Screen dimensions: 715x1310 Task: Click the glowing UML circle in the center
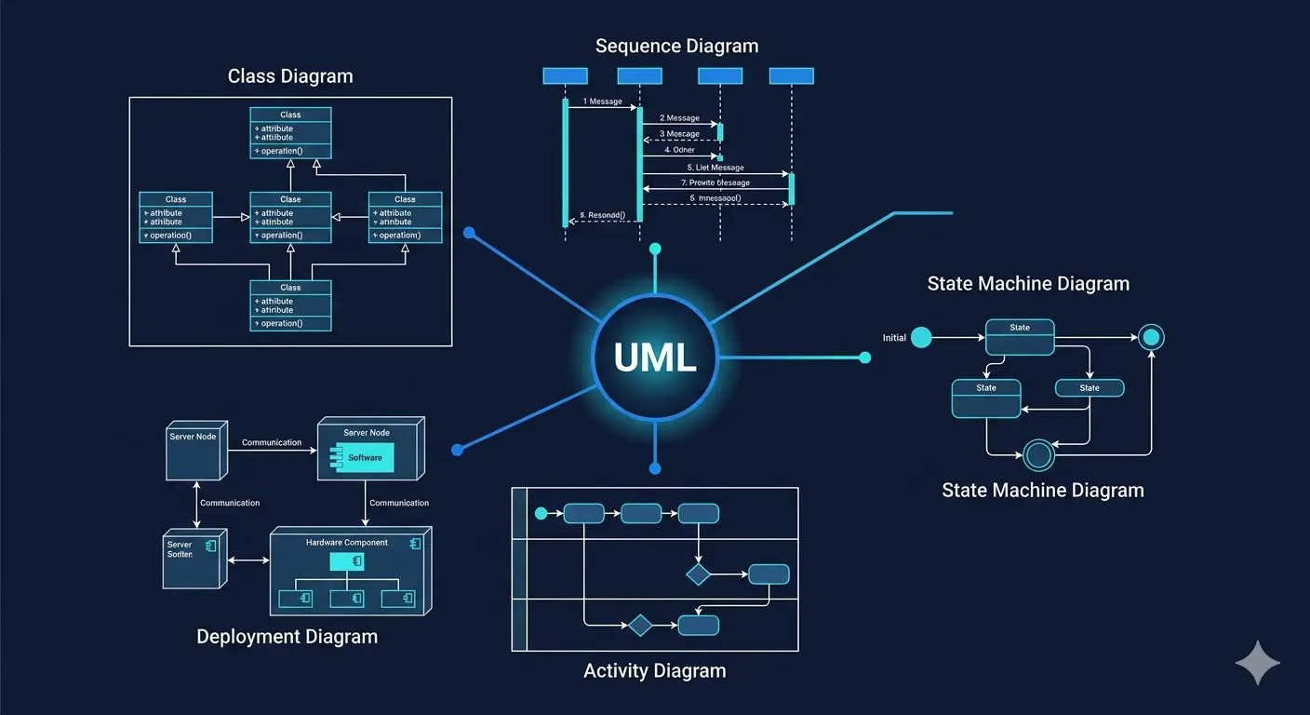655,357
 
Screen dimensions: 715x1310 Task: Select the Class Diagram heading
290,76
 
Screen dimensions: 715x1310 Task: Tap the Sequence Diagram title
676,46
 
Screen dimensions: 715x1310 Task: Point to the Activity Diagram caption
654,670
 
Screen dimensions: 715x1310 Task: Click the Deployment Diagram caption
287,637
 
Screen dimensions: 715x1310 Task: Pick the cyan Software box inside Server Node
365,457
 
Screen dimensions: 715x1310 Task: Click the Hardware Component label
346,543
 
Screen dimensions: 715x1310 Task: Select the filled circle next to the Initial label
921,337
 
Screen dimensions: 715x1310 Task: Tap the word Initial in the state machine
894,338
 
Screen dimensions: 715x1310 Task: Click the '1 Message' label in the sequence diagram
602,101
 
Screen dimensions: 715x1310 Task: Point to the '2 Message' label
679,118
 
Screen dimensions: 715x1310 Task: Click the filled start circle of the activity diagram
541,513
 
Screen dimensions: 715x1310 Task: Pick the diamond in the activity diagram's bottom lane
640,625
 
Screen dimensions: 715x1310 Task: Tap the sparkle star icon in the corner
1257,662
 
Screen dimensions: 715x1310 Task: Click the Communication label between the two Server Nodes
272,443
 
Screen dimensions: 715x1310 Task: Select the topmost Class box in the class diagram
290,132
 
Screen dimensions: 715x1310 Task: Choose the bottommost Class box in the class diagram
290,305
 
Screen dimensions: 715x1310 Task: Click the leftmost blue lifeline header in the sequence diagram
565,76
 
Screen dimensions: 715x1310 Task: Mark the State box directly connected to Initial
1020,337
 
